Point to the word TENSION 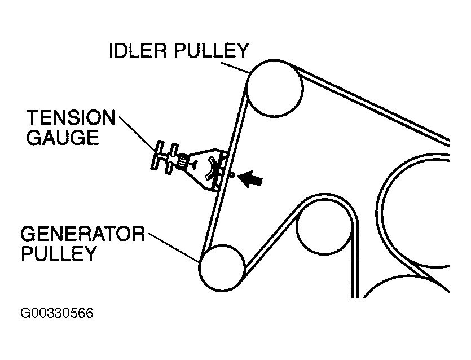point(71,118)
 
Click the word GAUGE point(63,138)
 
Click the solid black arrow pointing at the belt point(252,179)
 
